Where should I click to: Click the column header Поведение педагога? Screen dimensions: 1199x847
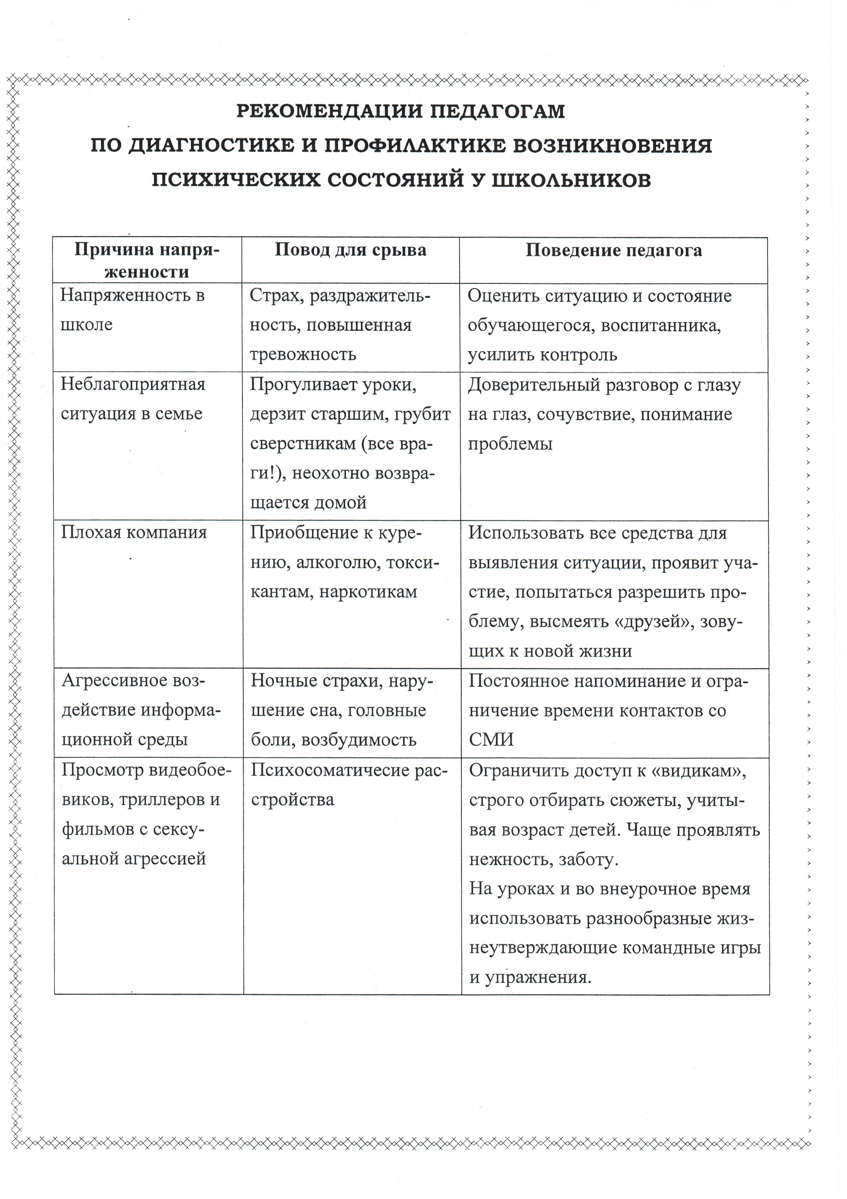[x=614, y=251]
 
